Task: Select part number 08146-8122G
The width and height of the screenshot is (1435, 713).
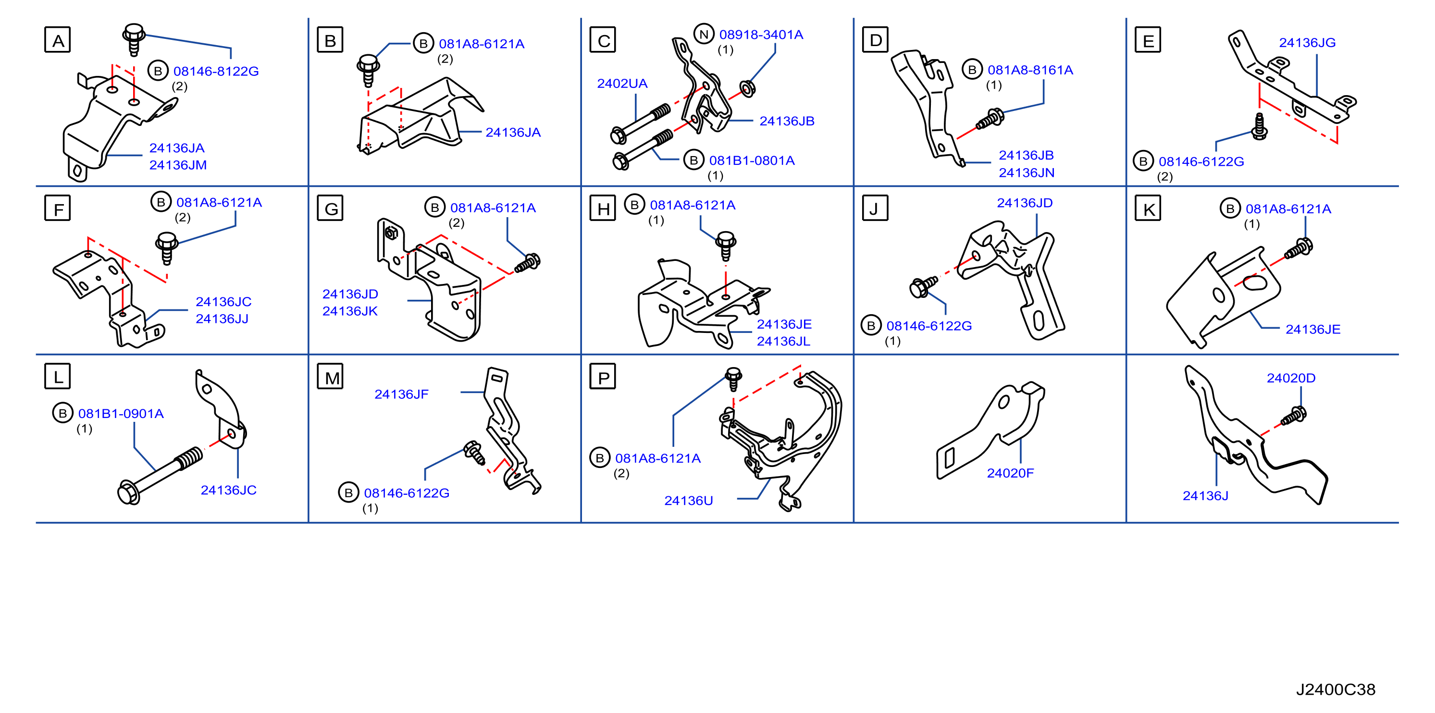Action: click(216, 71)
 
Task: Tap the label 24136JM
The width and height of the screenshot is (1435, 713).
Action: click(178, 165)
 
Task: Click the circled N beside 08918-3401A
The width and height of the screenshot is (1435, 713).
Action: click(704, 34)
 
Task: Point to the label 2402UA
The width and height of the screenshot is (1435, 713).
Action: click(622, 84)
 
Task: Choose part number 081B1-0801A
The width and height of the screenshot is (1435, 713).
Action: click(752, 161)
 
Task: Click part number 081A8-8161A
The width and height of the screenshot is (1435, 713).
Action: click(1030, 70)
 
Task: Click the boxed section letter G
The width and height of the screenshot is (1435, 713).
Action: click(330, 209)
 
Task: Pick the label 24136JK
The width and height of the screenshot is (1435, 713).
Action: click(350, 311)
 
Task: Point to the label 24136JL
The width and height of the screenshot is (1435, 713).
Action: click(783, 342)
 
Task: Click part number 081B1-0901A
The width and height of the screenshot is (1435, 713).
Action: click(121, 414)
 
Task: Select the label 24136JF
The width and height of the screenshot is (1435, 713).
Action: click(401, 394)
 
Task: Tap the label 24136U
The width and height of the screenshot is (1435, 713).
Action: click(689, 501)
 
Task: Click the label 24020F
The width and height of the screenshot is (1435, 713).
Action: click(1010, 473)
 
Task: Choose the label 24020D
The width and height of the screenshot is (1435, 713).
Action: click(1291, 378)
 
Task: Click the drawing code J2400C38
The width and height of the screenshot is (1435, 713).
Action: click(1336, 689)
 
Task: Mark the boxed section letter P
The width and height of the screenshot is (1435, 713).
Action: click(603, 377)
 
